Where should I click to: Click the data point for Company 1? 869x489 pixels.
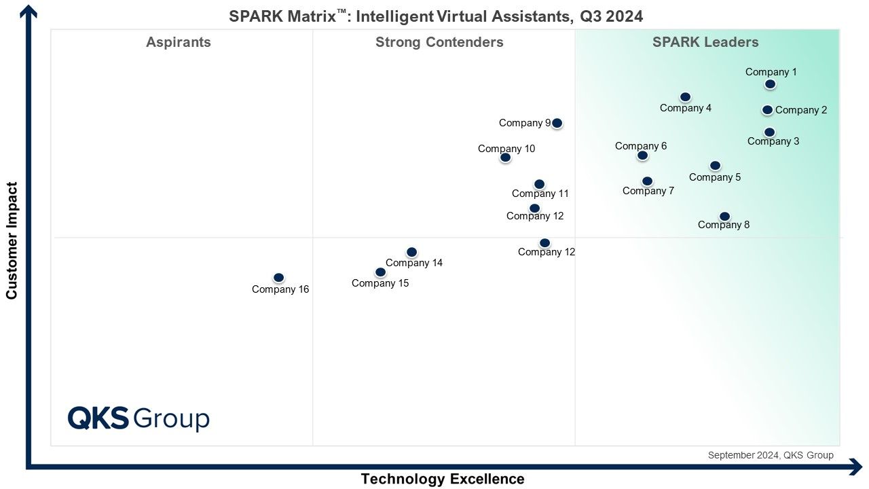pyautogui.click(x=770, y=84)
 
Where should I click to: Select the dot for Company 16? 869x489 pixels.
pyautogui.click(x=278, y=278)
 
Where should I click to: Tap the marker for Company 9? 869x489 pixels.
pyautogui.click(x=557, y=123)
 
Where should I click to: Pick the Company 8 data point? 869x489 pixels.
pyautogui.click(x=724, y=216)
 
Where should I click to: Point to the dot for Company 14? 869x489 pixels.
pyautogui.click(x=411, y=252)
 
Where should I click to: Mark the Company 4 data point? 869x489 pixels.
pyautogui.click(x=685, y=96)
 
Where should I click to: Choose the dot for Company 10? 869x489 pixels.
pyautogui.click(x=505, y=157)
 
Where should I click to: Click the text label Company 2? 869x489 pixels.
pyautogui.click(x=801, y=110)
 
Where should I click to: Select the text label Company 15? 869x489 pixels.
pyautogui.click(x=380, y=283)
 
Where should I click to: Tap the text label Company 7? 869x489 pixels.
pyautogui.click(x=648, y=191)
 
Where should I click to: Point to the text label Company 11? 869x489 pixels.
pyautogui.click(x=540, y=194)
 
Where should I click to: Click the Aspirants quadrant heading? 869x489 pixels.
pyautogui.click(x=179, y=42)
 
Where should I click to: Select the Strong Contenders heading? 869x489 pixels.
pyautogui.click(x=439, y=42)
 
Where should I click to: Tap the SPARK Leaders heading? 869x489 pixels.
pyautogui.click(x=705, y=42)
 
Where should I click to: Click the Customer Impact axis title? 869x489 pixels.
pyautogui.click(x=12, y=240)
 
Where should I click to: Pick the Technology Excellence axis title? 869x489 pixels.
pyautogui.click(x=443, y=479)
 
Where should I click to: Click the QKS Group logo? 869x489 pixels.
pyautogui.click(x=138, y=418)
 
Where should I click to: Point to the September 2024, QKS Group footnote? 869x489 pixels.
pyautogui.click(x=771, y=455)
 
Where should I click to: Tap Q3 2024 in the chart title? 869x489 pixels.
pyautogui.click(x=612, y=17)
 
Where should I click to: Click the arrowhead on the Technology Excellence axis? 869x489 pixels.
pyautogui.click(x=856, y=467)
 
